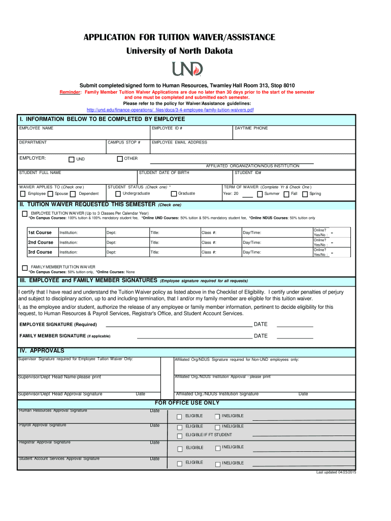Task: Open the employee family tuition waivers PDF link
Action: [170, 110]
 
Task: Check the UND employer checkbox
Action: [72, 159]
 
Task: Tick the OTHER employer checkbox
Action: [120, 159]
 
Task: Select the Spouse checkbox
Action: [50, 194]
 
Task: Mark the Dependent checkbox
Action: [73, 194]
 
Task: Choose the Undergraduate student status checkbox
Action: [118, 194]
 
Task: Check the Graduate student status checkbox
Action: [174, 194]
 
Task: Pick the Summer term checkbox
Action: [260, 194]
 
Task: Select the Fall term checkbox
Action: [286, 194]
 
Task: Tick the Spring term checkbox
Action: [305, 194]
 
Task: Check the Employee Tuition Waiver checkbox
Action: [25, 214]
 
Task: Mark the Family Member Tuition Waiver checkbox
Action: [25, 268]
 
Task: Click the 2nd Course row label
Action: [41, 242]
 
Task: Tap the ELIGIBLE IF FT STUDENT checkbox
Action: [179, 436]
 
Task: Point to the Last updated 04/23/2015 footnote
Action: [336, 473]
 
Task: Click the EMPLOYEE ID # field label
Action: [167, 128]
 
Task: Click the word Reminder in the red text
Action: [70, 92]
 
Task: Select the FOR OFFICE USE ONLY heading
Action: [187, 403]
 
